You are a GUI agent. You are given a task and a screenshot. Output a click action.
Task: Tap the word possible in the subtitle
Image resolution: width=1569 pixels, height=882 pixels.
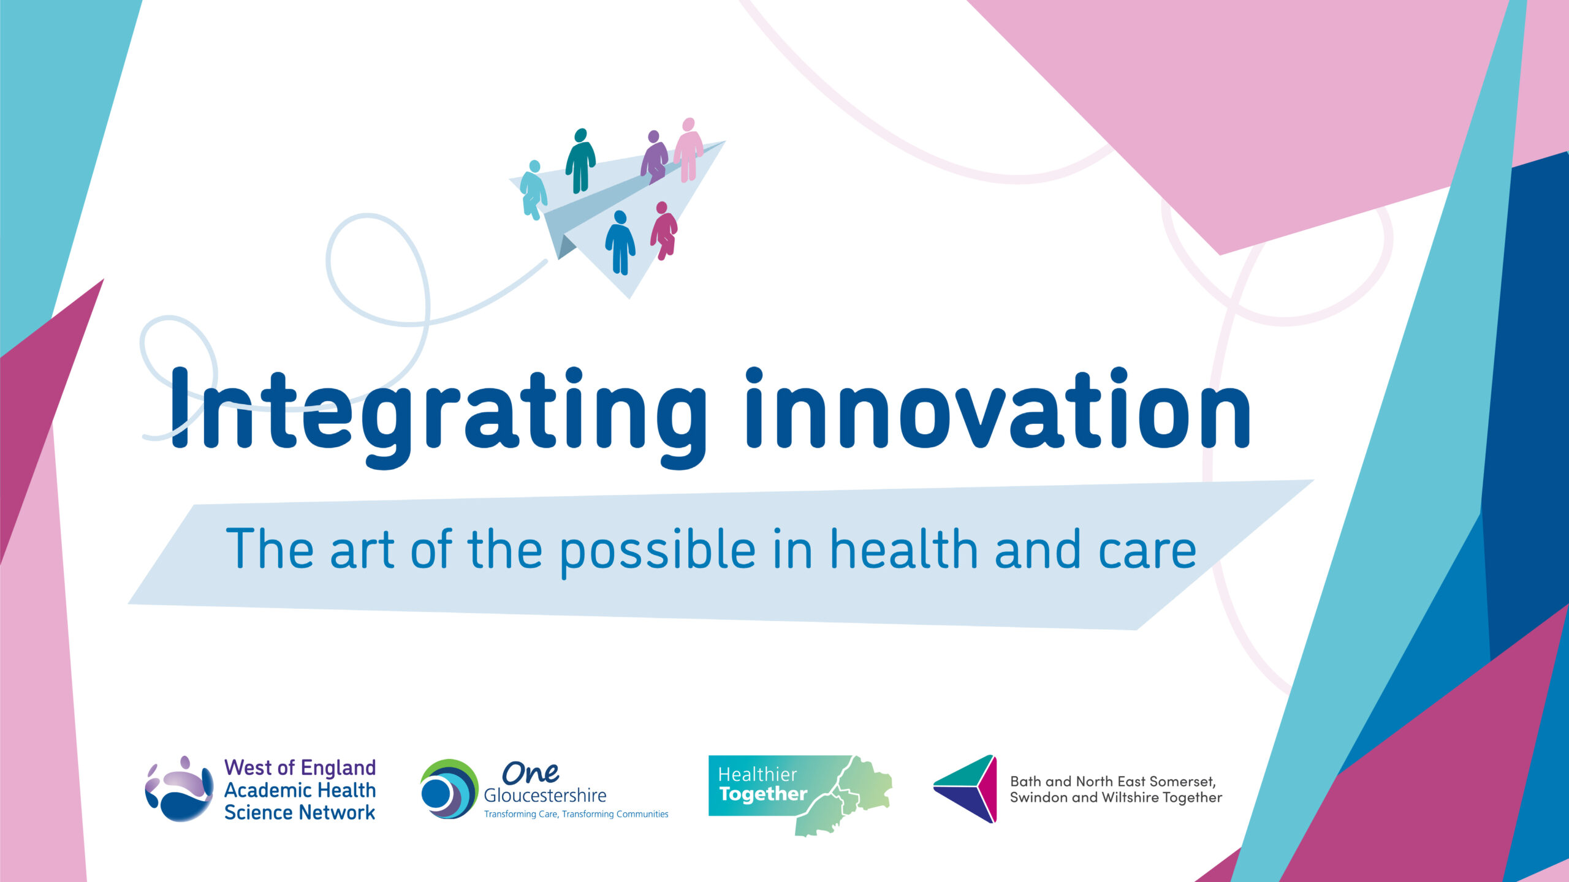[658, 551]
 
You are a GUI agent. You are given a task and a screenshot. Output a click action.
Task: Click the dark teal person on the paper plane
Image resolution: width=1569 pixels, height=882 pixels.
[580, 160]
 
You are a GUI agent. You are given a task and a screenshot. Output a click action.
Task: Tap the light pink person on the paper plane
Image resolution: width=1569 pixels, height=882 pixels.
[688, 149]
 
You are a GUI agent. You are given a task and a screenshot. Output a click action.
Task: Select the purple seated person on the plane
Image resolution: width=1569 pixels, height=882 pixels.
[654, 157]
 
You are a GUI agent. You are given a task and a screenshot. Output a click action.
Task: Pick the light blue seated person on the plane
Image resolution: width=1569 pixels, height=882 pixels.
[533, 189]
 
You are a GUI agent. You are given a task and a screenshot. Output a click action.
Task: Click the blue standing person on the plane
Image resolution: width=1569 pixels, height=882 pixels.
[620, 243]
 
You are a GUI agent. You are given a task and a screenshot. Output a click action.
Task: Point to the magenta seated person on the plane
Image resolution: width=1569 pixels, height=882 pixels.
[664, 230]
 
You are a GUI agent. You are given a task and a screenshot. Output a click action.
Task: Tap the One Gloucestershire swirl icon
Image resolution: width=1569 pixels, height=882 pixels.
[449, 789]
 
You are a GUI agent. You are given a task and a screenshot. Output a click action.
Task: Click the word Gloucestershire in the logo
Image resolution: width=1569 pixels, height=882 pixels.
[545, 796]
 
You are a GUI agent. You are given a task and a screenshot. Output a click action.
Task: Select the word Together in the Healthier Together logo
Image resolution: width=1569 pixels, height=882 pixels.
[763, 794]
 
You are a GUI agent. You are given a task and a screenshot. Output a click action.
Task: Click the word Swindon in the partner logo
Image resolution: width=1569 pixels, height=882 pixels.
[1034, 797]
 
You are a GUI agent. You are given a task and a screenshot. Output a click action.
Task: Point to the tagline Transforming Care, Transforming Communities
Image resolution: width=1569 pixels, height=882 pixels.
[576, 814]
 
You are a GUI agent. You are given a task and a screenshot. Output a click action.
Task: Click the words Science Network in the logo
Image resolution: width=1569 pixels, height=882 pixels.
[300, 813]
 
